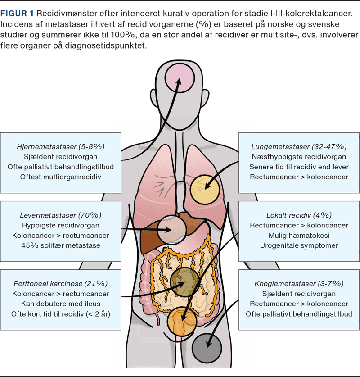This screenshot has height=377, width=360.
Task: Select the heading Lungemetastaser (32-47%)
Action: tap(299, 147)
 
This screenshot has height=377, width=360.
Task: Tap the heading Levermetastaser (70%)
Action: tap(60, 215)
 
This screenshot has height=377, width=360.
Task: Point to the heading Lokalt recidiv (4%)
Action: tap(299, 215)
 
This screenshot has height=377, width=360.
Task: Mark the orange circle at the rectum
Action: tap(182, 322)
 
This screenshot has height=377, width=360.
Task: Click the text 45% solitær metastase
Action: tap(60, 245)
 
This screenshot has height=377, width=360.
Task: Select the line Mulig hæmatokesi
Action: tap(299, 235)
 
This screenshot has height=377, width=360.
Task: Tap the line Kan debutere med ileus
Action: tap(60, 304)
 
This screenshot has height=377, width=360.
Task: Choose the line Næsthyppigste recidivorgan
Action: tap(299, 157)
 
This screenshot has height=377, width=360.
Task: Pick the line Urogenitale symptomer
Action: tap(299, 245)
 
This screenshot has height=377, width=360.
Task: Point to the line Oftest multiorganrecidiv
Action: tap(60, 177)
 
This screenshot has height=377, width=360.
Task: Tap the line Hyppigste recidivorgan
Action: tap(60, 225)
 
